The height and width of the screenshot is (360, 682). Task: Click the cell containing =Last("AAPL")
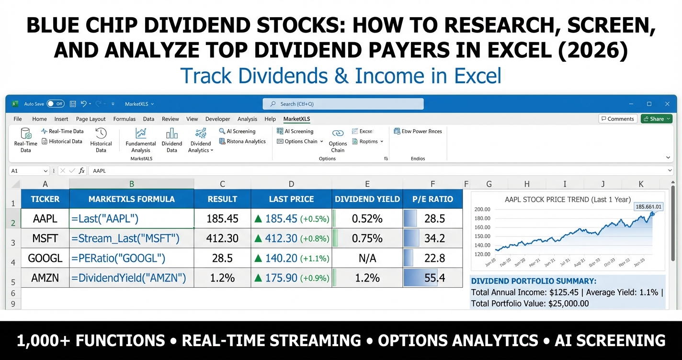pos(131,219)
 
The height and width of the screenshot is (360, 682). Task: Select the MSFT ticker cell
pos(45,238)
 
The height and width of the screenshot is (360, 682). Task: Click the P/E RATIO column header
pos(432,199)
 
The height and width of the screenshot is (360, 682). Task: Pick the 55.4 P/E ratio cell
pos(432,278)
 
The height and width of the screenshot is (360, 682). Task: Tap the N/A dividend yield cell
pos(367,258)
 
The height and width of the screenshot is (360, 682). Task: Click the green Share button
pos(657,119)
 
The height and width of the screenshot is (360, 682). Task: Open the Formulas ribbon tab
pos(124,119)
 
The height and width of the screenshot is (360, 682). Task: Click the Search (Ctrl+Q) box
pos(343,104)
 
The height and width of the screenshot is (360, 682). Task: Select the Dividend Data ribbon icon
pos(171,139)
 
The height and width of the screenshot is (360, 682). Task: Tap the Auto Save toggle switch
pos(56,104)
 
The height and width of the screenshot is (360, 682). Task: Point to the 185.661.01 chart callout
pos(648,206)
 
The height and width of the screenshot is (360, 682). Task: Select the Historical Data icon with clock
pos(101,139)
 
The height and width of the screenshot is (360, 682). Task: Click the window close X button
pos(667,104)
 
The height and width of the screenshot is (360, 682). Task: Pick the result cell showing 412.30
pos(222,238)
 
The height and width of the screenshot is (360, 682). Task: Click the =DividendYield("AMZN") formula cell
pos(131,278)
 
